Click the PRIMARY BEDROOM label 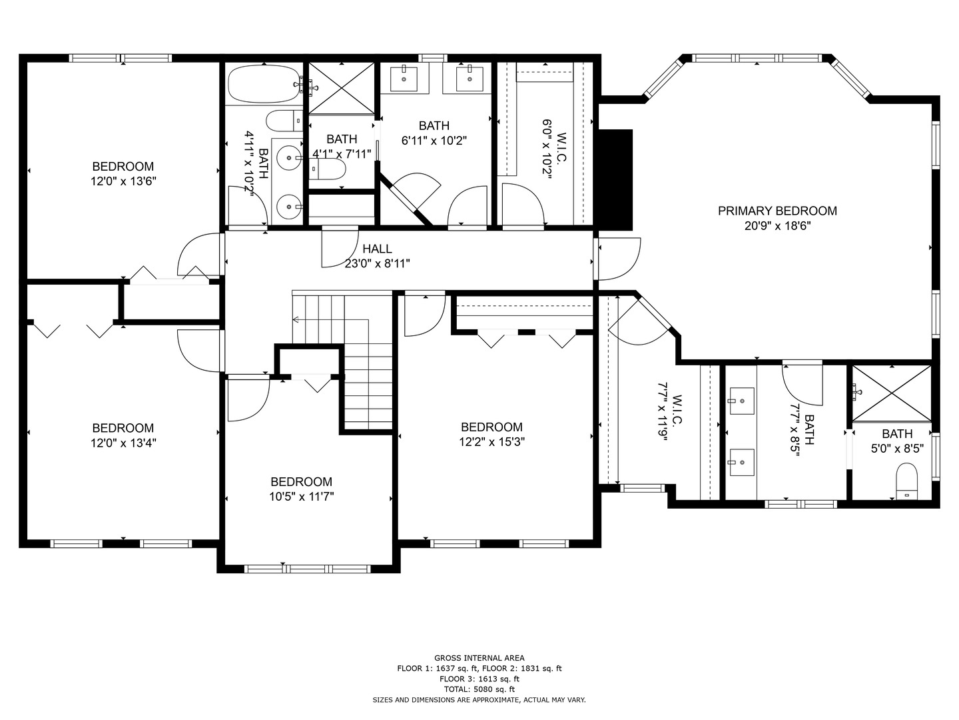coord(777,211)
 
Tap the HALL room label coord(377,249)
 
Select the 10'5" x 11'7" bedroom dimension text coord(302,497)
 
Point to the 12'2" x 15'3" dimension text coord(491,442)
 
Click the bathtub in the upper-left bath coord(264,85)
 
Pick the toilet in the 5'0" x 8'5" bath coord(906,481)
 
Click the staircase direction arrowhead coord(295,319)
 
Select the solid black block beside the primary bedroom coord(615,180)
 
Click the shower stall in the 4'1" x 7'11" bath coord(342,89)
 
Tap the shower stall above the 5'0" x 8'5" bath coord(892,394)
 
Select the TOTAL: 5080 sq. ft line coord(479,689)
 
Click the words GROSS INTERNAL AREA coord(479,658)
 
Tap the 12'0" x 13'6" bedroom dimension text coord(123,181)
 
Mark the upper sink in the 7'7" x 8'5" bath coord(741,401)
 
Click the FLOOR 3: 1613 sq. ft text coord(479,679)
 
